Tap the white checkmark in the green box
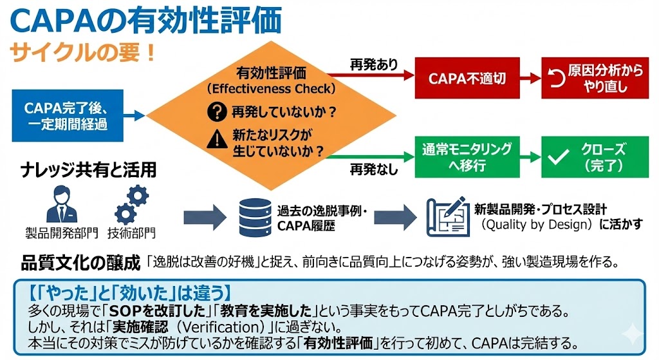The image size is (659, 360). click(x=557, y=156)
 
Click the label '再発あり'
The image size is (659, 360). click(x=374, y=64)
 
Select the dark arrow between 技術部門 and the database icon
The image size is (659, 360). click(x=202, y=217)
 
